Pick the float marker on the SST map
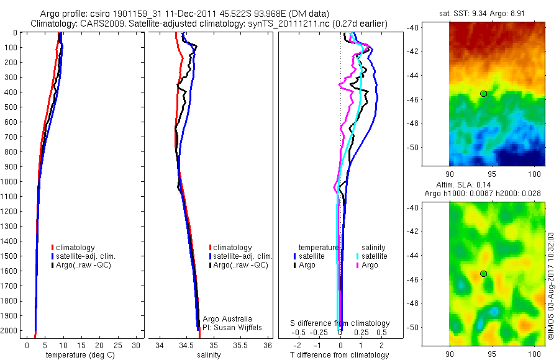483,93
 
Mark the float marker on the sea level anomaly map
483,273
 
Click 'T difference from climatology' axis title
340,355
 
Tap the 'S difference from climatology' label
340,323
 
